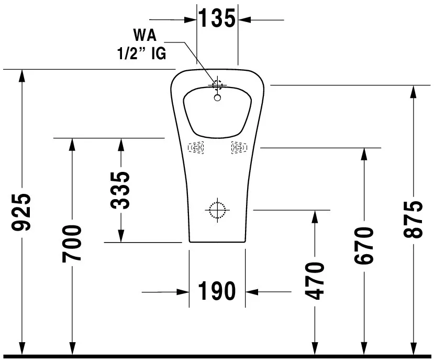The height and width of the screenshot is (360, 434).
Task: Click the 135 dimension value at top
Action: pos(217,19)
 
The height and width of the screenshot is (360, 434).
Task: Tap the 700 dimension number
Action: pos(72,243)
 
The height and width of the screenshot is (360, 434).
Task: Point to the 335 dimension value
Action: pos(121,190)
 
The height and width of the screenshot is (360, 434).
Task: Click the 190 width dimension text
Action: pos(217,291)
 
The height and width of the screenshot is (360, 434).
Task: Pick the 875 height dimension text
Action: pos(413,219)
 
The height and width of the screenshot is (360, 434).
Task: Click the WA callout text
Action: pos(144,36)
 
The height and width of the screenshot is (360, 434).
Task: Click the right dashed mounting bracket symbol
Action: pos(238,148)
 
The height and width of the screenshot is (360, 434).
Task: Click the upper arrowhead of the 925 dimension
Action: pos(22,75)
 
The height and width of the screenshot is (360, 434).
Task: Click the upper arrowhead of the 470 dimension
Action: pos(314,216)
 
